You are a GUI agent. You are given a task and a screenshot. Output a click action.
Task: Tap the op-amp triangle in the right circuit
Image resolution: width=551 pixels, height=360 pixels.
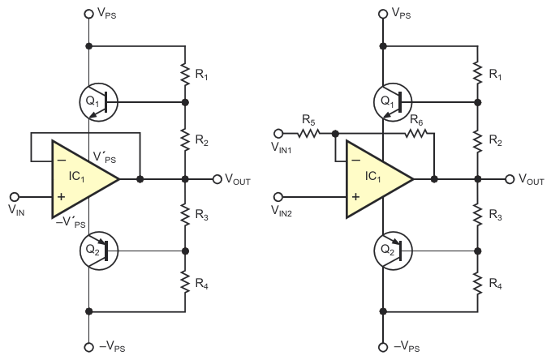tap(377, 179)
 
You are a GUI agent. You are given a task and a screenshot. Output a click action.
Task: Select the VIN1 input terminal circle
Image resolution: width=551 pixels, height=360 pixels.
tap(278, 135)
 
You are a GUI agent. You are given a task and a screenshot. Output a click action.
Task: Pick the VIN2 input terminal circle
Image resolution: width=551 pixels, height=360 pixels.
tap(278, 195)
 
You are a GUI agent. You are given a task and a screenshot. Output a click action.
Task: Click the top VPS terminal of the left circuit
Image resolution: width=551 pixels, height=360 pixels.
tap(88, 14)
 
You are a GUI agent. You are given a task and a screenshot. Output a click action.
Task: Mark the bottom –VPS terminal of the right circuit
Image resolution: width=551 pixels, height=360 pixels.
tap(381, 346)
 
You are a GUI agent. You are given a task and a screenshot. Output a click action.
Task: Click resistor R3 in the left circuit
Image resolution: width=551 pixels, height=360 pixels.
tap(185, 215)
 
